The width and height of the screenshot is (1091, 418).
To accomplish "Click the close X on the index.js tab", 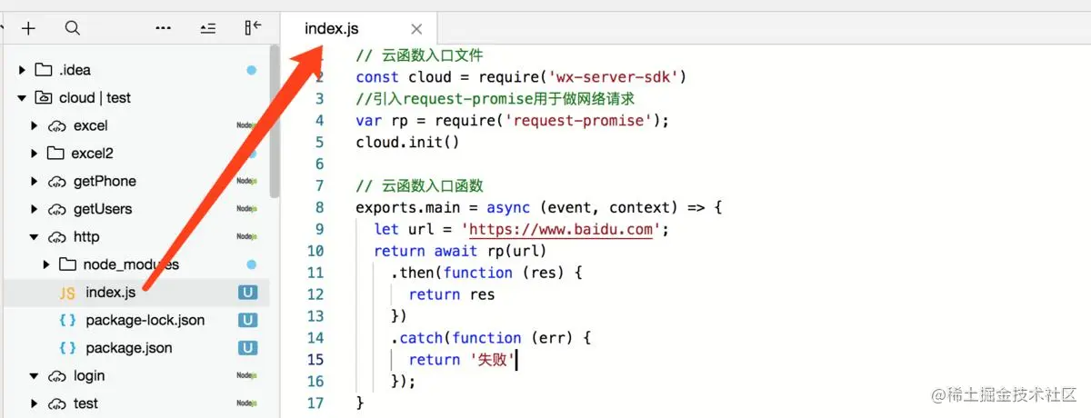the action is pos(416,29).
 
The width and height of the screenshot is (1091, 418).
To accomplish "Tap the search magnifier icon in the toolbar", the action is pos(73,28).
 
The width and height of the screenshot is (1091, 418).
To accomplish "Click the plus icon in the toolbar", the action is pos(28,28).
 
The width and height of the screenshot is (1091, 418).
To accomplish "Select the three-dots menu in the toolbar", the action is pos(164,28).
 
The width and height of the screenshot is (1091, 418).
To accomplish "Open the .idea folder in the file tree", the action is pos(75,70).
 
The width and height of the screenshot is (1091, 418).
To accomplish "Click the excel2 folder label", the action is pos(92,153).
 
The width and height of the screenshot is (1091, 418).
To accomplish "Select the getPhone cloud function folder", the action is pos(105,181).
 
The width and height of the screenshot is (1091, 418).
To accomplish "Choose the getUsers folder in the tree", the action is pos(102,209).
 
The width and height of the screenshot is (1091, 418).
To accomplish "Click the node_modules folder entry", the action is pos(131,264).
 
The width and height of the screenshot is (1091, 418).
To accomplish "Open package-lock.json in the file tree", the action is pos(145,320).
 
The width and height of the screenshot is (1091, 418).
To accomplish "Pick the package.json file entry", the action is pos(128,348).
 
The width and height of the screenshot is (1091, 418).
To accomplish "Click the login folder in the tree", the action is pos(88,375).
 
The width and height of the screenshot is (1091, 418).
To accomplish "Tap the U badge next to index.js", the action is pos(247,293).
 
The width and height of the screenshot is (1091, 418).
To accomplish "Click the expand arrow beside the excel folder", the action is pos(35,125).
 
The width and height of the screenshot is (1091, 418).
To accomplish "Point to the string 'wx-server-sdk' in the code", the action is pos(614,77).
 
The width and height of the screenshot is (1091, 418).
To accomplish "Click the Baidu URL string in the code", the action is pos(563,229).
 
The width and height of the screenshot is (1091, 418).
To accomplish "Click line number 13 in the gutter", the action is pos(315,316).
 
